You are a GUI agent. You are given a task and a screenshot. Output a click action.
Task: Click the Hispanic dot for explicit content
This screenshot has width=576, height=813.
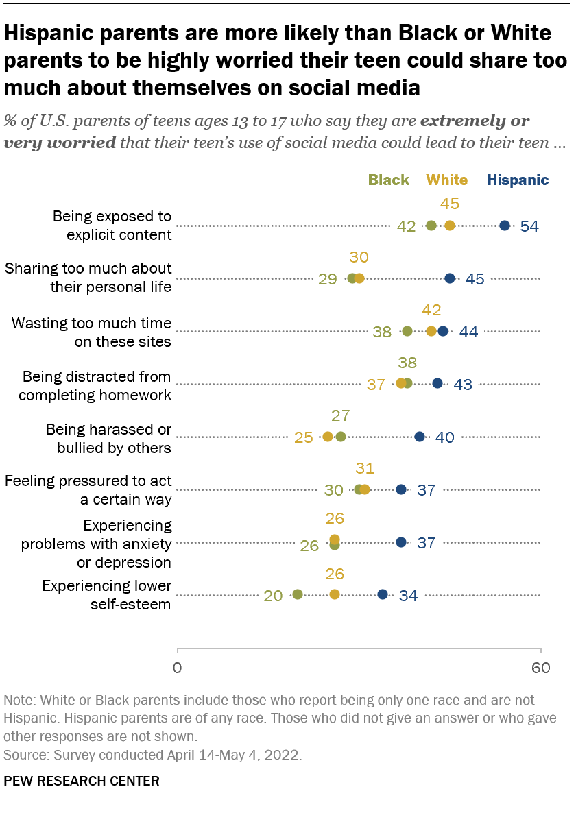point(505,226)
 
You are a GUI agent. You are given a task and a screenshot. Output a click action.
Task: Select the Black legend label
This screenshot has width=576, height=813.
point(388,180)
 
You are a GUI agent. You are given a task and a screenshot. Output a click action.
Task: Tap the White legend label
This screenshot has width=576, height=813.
point(447,180)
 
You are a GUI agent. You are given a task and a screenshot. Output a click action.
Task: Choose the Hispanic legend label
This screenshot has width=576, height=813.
point(518,180)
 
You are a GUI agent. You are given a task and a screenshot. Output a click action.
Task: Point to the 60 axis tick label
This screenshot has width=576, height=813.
point(541,668)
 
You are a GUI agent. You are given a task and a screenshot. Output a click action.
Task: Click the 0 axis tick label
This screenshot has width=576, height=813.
point(178,668)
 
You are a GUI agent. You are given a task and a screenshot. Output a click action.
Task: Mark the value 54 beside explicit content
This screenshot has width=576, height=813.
point(529,226)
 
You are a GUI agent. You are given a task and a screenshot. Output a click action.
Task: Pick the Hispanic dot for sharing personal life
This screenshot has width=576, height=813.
point(450,278)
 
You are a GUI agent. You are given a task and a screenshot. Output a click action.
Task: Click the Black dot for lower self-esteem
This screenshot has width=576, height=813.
point(298,594)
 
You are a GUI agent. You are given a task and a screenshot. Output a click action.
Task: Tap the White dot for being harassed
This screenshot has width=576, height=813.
point(328,437)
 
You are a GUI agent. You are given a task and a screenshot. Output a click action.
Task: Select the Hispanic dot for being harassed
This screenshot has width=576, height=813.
point(420,437)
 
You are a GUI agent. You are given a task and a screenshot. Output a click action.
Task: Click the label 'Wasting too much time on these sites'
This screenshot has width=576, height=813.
point(91,331)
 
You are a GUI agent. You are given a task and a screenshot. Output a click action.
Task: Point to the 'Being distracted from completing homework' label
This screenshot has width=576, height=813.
point(95,384)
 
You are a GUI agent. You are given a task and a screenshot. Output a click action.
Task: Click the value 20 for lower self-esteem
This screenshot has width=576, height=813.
point(273,595)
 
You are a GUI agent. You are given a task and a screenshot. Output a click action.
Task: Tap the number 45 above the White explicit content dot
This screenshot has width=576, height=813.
point(450,204)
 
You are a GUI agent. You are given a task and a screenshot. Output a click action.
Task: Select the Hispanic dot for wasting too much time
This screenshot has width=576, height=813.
point(443,331)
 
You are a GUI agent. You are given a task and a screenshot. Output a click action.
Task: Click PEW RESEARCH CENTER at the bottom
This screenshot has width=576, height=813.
point(82,780)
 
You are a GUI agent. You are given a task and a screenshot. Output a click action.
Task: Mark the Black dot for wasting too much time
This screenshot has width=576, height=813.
point(407,331)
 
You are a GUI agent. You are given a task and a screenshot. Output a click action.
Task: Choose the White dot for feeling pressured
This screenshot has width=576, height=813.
point(365,489)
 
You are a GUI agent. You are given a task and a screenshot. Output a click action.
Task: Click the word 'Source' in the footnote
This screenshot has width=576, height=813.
point(23,755)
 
